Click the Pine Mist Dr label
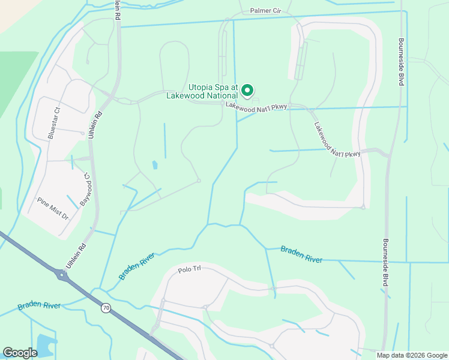(53, 208)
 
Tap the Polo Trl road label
(189, 270)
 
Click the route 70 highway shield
(106, 308)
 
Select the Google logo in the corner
(20, 353)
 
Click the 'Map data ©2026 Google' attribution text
(411, 355)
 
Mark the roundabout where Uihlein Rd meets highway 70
(62, 275)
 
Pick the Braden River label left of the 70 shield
(39, 305)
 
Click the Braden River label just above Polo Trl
(137, 266)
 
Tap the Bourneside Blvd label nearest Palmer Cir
(401, 62)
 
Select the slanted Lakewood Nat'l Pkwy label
(337, 140)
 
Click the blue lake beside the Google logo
(44, 345)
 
